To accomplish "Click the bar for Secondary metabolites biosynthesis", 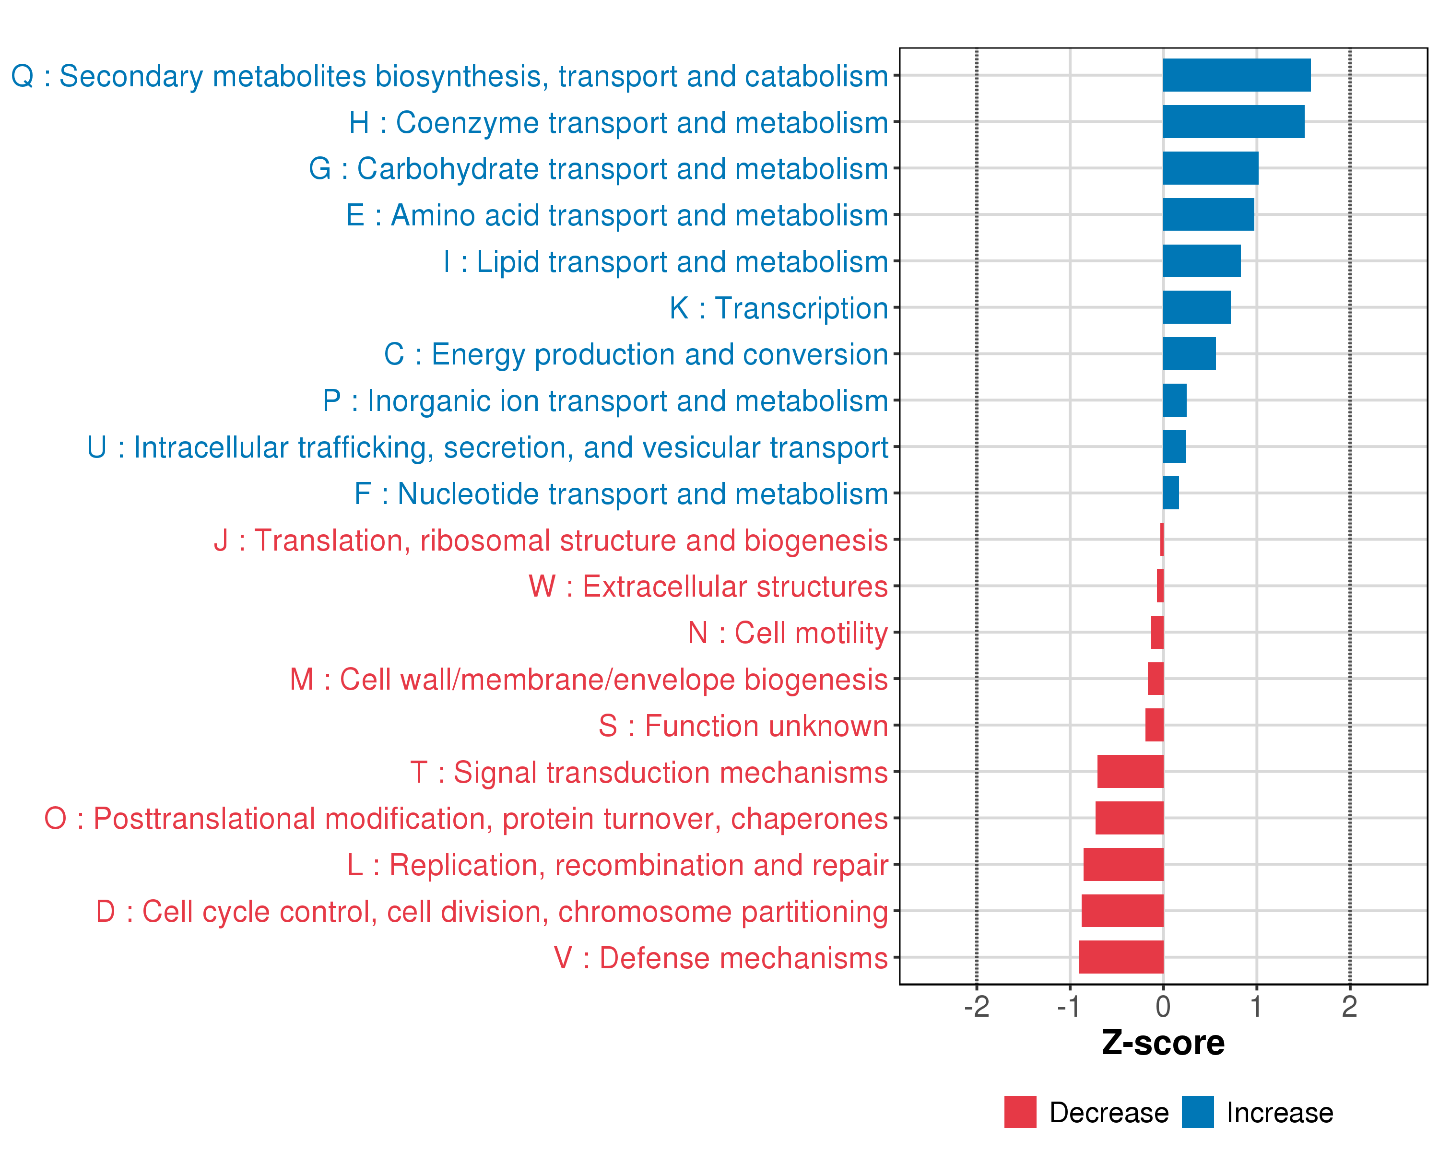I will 1236,75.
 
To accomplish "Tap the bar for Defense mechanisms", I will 1121,957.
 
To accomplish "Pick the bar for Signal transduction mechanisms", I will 1130,771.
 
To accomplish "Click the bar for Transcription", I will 1197,307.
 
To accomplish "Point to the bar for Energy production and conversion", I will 1190,353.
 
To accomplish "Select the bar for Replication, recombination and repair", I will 1123,864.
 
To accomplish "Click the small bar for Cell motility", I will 1157,633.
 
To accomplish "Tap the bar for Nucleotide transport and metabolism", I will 1171,493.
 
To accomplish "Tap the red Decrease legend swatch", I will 1020,1112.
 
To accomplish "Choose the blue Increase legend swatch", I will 1197,1112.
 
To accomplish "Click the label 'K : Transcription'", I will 779,308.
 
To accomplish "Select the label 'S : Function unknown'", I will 743,726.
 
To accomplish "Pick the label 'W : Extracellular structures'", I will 708,587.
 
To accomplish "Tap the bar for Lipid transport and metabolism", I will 1202,261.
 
